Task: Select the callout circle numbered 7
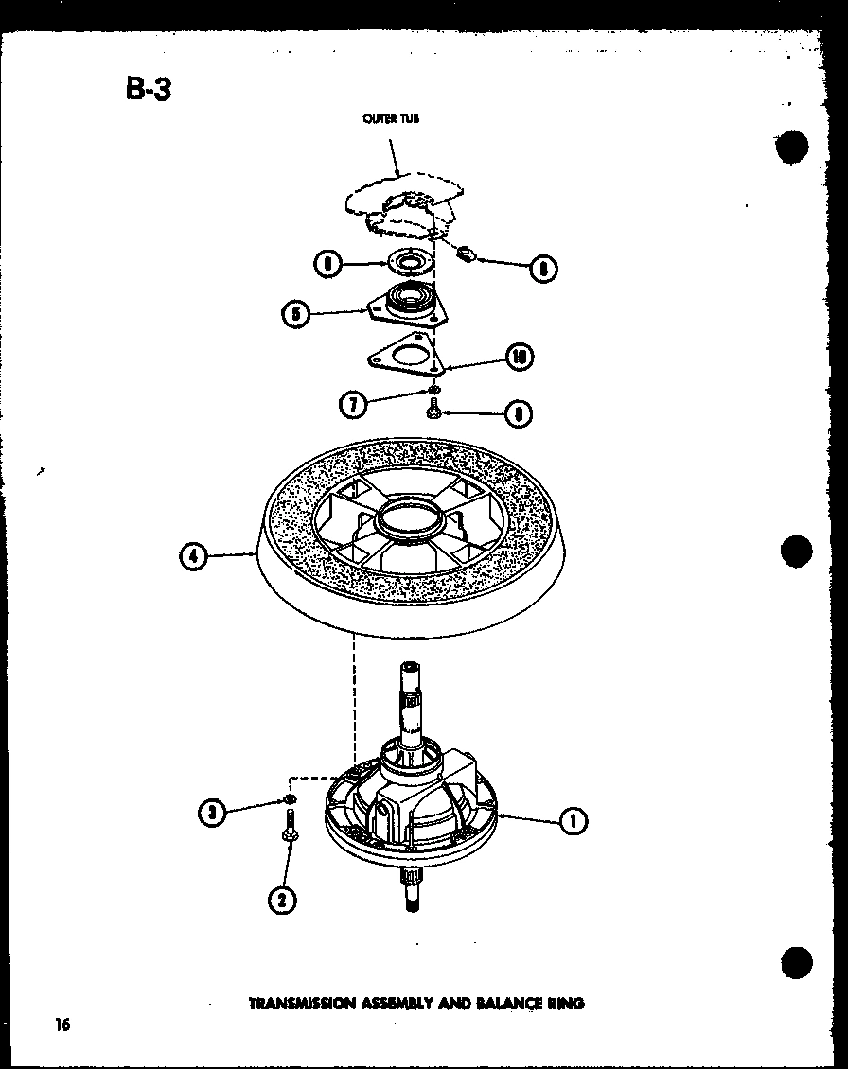pyautogui.click(x=352, y=404)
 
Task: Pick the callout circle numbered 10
pyautogui.click(x=519, y=357)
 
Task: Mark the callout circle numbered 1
pyautogui.click(x=572, y=820)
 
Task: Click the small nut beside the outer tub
pyautogui.click(x=465, y=254)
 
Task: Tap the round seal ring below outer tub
pyautogui.click(x=410, y=262)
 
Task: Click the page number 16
pyautogui.click(x=62, y=1024)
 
